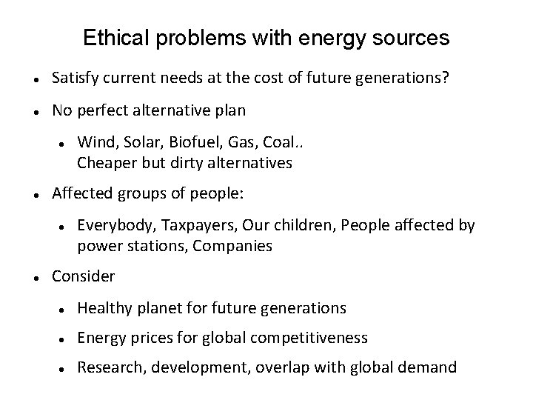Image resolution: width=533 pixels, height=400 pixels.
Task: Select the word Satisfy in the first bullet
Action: coord(76,79)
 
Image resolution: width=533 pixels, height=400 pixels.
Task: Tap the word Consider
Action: coord(83,276)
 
